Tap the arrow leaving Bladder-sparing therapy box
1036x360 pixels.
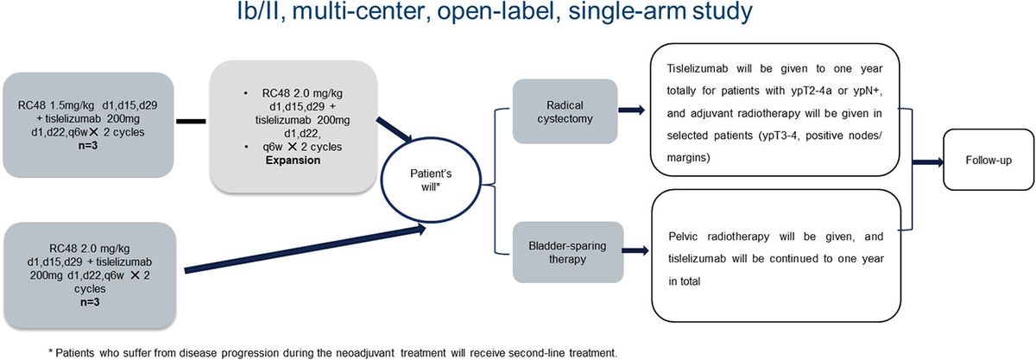pos(625,252)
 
